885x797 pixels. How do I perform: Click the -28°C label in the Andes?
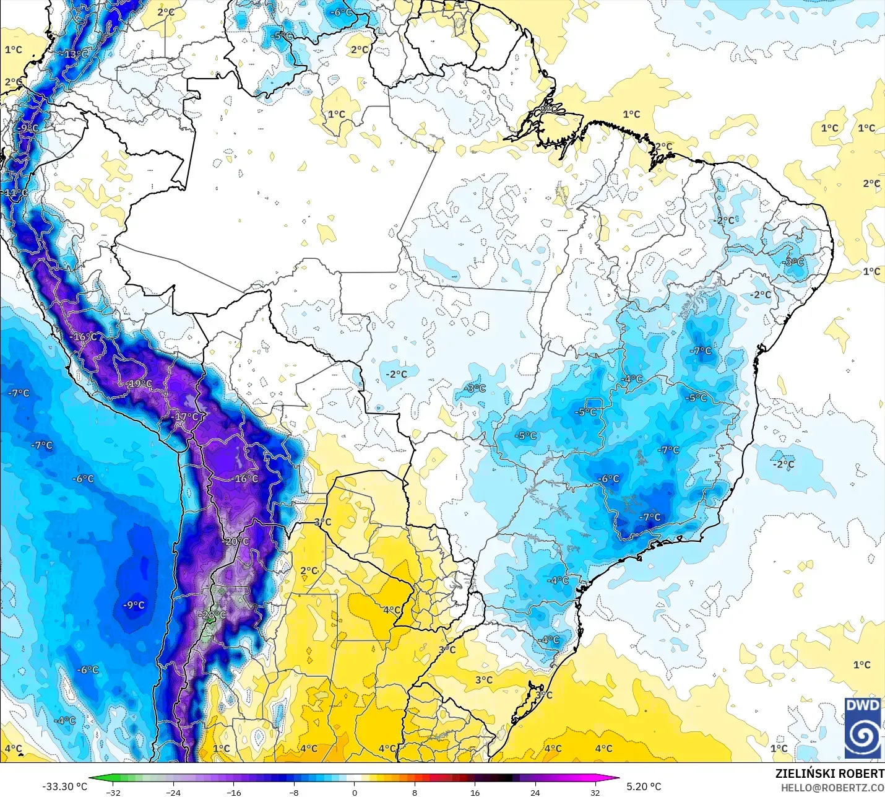click(214, 615)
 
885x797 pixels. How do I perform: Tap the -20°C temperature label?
click(236, 541)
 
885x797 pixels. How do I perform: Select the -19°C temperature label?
click(139, 384)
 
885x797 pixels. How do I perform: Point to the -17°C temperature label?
click(186, 417)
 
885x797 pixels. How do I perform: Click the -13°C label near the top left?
click(76, 54)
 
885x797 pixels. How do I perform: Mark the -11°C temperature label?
click(15, 193)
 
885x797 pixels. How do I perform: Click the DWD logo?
click(863, 728)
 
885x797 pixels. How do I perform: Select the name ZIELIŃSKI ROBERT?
click(829, 773)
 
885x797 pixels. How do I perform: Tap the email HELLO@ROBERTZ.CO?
click(832, 788)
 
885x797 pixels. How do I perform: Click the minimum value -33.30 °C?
click(64, 786)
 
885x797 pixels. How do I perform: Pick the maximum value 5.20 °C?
click(644, 786)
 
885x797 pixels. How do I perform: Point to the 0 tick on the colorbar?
click(355, 792)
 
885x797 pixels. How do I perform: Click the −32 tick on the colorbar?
click(113, 792)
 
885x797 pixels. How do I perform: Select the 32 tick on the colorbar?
click(595, 792)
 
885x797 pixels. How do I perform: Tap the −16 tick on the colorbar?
click(233, 792)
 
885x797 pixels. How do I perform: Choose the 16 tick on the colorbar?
click(475, 792)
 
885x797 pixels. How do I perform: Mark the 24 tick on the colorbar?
click(535, 792)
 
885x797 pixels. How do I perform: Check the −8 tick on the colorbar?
click(294, 792)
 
